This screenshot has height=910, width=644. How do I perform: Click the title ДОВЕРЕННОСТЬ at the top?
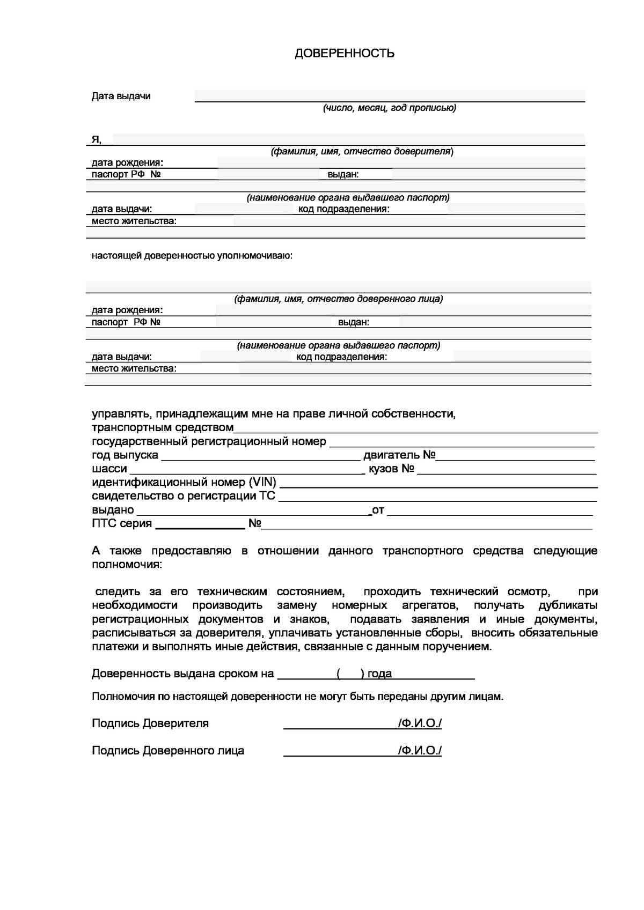[345, 53]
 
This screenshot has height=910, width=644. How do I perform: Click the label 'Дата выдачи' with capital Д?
[121, 96]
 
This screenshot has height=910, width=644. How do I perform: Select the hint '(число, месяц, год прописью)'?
[389, 108]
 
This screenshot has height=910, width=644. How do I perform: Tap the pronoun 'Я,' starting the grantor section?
[96, 139]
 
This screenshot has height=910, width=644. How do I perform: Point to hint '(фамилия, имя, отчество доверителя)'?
[362, 151]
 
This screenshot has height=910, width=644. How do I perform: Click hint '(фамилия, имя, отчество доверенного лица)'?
[338, 299]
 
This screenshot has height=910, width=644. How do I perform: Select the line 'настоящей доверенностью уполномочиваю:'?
[192, 255]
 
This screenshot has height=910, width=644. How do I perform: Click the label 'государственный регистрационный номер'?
[209, 441]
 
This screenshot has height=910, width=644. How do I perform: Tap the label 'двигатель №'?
[399, 455]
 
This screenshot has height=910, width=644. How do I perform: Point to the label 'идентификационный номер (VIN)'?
[184, 482]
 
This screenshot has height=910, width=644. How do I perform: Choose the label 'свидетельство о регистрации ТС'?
[183, 496]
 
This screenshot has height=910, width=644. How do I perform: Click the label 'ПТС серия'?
[122, 523]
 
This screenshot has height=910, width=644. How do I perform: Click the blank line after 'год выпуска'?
[260, 457]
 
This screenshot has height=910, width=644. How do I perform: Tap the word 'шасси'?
[109, 469]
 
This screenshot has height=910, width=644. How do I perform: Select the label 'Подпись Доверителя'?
[150, 723]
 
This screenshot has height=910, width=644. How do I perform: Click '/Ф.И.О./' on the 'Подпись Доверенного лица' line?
[420, 750]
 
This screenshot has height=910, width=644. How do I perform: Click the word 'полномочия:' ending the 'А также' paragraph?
[126, 565]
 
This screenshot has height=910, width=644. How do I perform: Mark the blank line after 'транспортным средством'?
[416, 430]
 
